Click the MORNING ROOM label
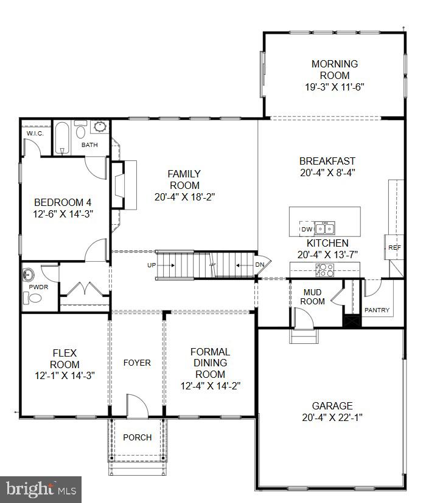pyautogui.click(x=334, y=70)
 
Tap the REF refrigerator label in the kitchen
pyautogui.click(x=395, y=247)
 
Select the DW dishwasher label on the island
pyautogui.click(x=306, y=230)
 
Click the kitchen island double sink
pyautogui.click(x=324, y=229)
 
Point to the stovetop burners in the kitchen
pyautogui.click(x=324, y=270)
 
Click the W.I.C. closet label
pyautogui.click(x=33, y=134)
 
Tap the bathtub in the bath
pyautogui.click(x=61, y=139)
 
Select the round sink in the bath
pyautogui.click(x=100, y=128)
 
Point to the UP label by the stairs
pyautogui.click(x=152, y=265)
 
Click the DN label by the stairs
pyautogui.click(x=259, y=265)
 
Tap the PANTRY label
pyautogui.click(x=377, y=310)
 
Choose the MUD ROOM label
pyautogui.click(x=314, y=296)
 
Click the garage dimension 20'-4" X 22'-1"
pyautogui.click(x=332, y=417)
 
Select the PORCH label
pyautogui.click(x=137, y=437)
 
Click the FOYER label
pyautogui.click(x=137, y=363)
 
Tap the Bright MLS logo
pyautogui.click(x=41, y=488)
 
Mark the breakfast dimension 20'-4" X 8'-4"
pyautogui.click(x=327, y=172)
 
